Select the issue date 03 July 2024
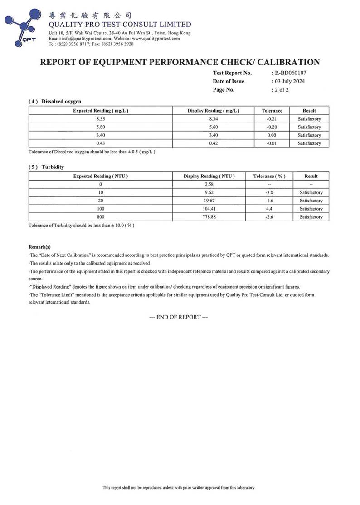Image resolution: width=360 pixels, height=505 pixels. [289, 81]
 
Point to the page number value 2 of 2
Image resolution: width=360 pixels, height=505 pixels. [281, 90]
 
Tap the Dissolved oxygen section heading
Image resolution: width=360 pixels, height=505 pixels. [55, 101]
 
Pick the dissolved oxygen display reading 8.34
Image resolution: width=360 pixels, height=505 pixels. [213, 119]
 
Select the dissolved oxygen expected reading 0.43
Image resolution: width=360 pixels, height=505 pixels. [100, 143]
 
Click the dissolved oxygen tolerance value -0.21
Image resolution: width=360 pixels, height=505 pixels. [272, 119]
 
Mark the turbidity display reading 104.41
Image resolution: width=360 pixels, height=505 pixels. [209, 209]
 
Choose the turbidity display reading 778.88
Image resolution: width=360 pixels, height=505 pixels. [209, 217]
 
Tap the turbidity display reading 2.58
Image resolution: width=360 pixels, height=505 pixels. [209, 184]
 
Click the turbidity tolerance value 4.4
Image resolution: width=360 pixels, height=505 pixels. [269, 209]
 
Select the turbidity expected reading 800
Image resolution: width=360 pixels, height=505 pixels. [100, 217]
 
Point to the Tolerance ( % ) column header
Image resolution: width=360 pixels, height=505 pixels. [269, 176]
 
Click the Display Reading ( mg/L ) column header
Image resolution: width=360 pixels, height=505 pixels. [213, 111]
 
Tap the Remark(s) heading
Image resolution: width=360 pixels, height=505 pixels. [39, 247]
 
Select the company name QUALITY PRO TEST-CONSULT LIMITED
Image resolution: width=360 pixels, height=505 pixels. [120, 25]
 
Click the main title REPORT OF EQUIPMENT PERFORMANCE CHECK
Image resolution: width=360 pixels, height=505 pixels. [180, 62]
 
